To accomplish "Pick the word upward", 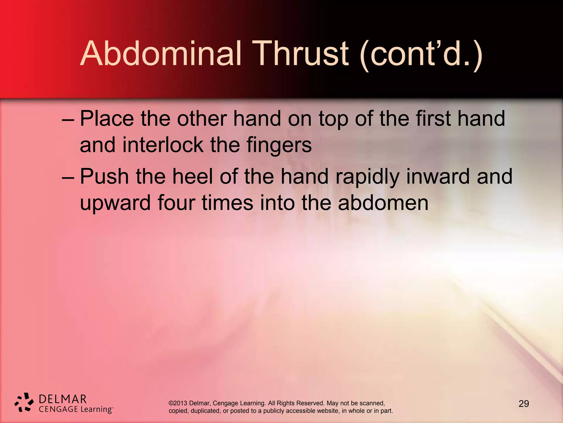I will tap(115, 203).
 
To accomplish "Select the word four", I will tap(176, 203).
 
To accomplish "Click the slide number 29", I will tap(524, 404).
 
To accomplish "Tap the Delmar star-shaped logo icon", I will tap(24, 402).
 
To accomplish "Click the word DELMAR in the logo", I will tap(63, 399).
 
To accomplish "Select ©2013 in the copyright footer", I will tap(178, 403).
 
